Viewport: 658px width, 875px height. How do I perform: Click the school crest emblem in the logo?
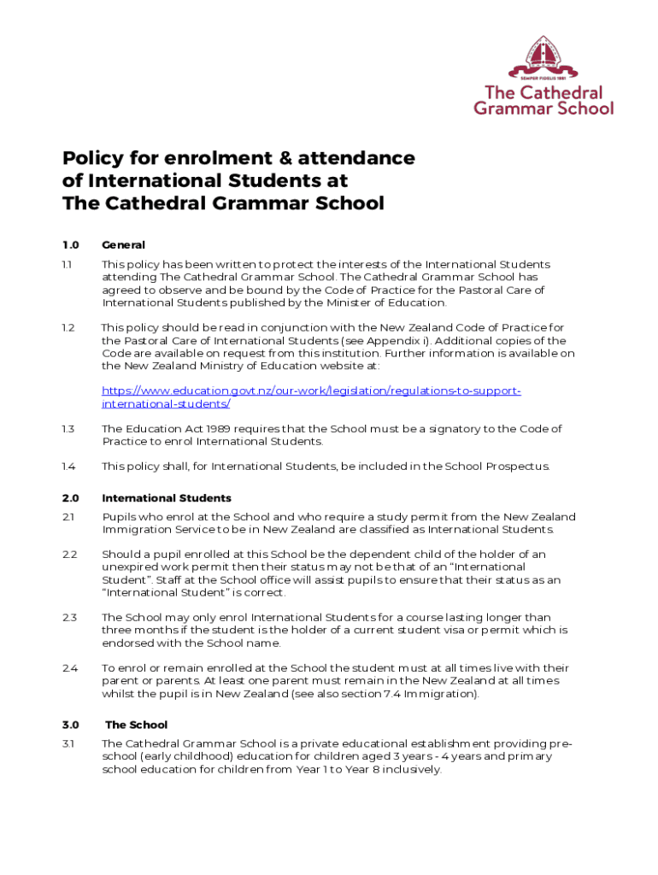click(x=543, y=57)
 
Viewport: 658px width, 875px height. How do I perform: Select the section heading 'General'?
click(x=123, y=245)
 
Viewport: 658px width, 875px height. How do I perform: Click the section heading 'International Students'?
click(x=167, y=498)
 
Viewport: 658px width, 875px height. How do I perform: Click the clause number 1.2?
click(x=68, y=327)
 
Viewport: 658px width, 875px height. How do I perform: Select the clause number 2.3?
click(x=69, y=617)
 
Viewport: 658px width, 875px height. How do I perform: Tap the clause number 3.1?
click(x=68, y=743)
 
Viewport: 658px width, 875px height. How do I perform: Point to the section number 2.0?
click(x=70, y=498)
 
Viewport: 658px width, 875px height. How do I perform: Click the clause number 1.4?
click(x=68, y=467)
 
